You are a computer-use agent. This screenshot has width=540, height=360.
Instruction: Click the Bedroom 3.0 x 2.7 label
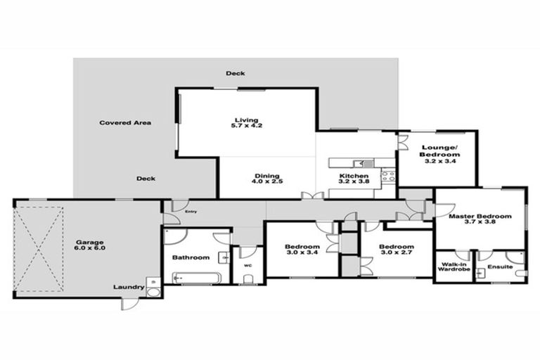397,250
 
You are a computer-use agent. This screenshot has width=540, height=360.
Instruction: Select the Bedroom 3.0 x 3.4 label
302,250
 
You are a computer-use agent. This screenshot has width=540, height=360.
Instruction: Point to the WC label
247,266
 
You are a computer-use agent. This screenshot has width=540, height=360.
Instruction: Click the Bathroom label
191,258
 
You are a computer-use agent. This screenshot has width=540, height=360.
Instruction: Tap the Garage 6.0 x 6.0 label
89,247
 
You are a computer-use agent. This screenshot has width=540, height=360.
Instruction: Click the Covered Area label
125,123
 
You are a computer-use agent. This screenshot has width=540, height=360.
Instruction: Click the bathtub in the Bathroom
198,277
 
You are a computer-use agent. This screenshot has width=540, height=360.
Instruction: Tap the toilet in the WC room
247,278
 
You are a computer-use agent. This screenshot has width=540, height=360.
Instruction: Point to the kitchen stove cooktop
387,176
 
